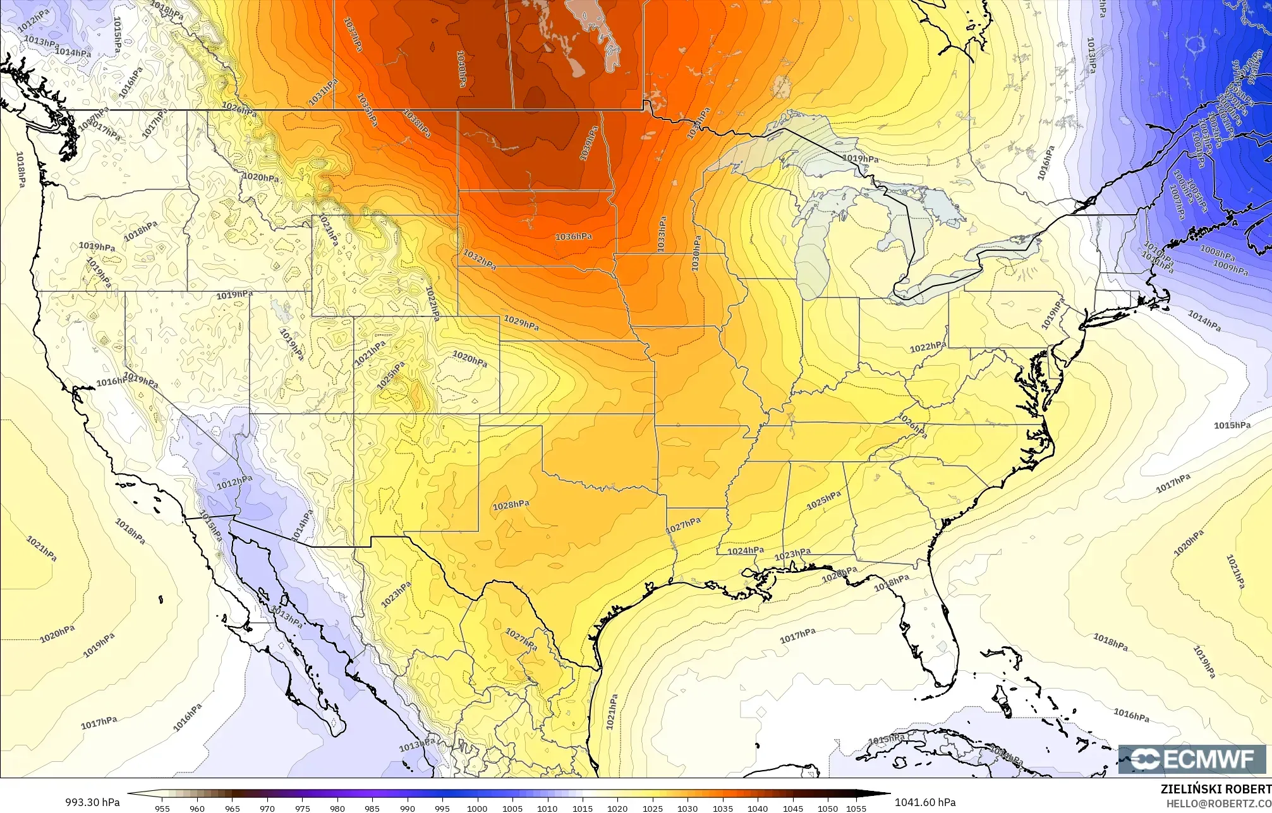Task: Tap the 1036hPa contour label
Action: (573, 236)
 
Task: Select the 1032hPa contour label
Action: (479, 259)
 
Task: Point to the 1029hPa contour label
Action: (521, 323)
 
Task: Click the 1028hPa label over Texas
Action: (511, 505)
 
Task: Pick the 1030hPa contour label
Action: (695, 254)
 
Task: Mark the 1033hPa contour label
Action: (661, 234)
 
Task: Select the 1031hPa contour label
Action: (323, 94)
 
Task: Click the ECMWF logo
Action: (1192, 759)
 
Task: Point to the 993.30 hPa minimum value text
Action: (92, 802)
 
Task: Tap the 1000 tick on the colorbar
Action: (477, 808)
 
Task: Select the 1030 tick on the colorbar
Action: (687, 808)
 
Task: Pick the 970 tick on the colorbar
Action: (267, 808)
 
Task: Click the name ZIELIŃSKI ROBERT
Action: (1216, 789)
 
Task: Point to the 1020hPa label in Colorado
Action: (470, 360)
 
